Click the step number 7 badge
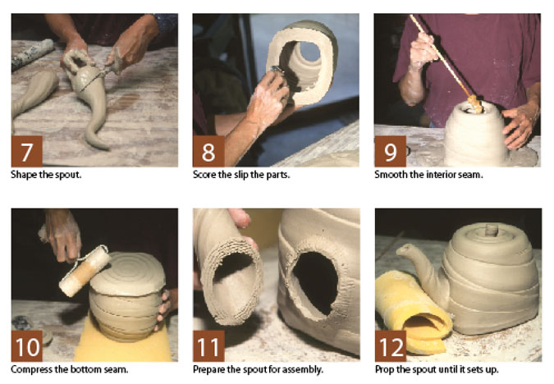(x=27, y=151)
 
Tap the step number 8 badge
(x=208, y=151)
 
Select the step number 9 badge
(x=390, y=151)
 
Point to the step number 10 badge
(x=27, y=346)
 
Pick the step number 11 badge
(x=208, y=346)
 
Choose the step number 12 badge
(x=391, y=346)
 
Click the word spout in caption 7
(x=68, y=176)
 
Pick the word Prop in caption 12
(x=384, y=370)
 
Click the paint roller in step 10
(x=84, y=271)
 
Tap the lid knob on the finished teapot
(x=491, y=231)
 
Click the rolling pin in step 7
(x=32, y=54)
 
